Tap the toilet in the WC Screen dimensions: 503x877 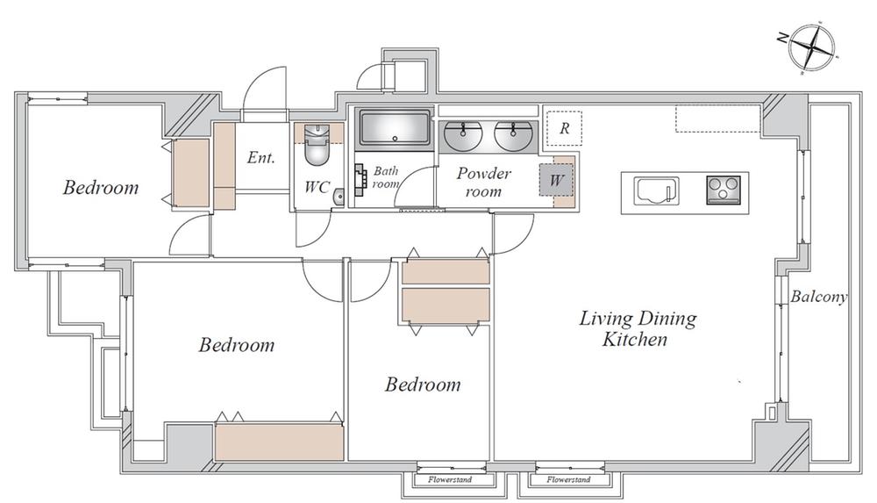(x=316, y=149)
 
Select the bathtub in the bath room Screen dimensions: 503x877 (x=395, y=128)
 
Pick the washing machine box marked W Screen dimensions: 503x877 (x=554, y=181)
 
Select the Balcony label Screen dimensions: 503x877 (x=818, y=297)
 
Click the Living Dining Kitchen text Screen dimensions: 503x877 (x=637, y=328)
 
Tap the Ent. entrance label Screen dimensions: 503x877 (x=260, y=158)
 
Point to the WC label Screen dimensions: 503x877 (x=317, y=188)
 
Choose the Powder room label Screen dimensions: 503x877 (x=483, y=182)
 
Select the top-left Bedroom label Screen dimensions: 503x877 (x=101, y=187)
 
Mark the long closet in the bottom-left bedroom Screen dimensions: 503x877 (x=279, y=442)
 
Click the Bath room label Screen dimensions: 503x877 (x=387, y=177)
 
